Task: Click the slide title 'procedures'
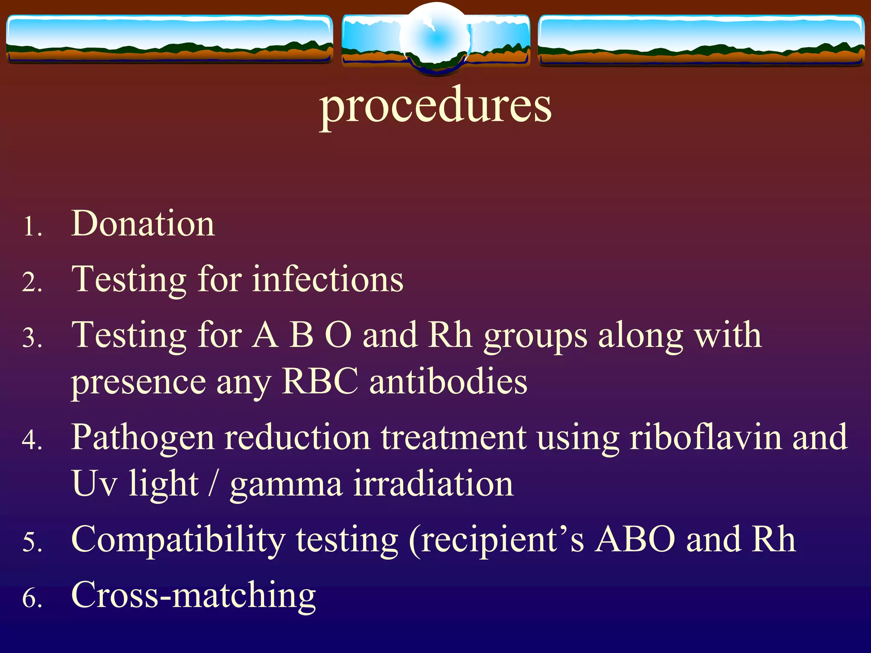tap(435, 106)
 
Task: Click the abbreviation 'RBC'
tap(320, 381)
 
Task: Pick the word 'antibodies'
tap(448, 381)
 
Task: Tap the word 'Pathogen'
tap(143, 438)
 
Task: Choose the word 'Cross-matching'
tap(194, 595)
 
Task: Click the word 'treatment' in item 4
tap(453, 438)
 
